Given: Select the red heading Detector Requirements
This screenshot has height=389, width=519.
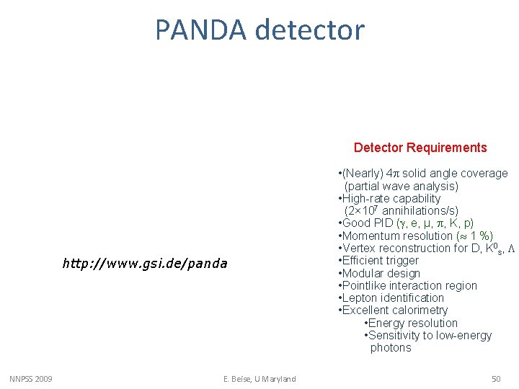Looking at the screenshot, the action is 420,148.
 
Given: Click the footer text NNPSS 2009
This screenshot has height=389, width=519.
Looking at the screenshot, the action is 30,379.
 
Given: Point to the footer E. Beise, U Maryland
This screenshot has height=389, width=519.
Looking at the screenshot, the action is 259,379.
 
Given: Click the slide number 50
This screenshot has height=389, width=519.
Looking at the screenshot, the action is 495,379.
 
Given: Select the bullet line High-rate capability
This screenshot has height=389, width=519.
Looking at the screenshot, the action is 391,198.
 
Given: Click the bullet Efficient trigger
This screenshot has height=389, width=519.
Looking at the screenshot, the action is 380,260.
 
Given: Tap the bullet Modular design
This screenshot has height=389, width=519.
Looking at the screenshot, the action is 381,273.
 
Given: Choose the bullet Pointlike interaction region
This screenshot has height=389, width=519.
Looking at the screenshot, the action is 409,285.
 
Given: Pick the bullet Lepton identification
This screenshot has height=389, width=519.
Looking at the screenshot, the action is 393,298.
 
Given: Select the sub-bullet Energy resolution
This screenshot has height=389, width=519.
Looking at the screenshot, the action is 412,323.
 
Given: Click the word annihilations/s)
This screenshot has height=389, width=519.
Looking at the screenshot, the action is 420,211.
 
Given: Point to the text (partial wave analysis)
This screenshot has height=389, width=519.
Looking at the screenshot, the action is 402,186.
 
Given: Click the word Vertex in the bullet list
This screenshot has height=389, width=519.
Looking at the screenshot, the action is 360,248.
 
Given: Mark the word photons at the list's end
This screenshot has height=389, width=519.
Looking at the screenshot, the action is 391,348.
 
